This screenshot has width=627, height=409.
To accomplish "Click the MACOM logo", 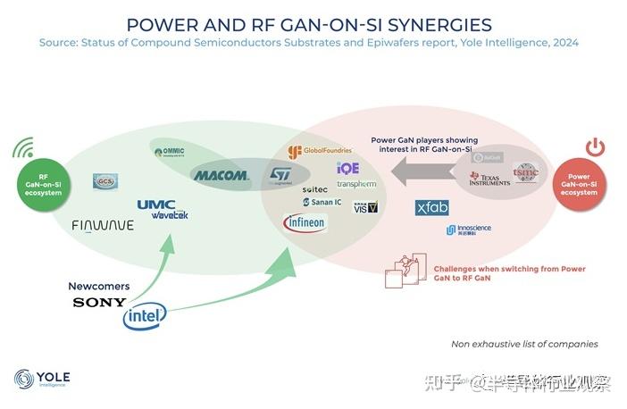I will (221, 176).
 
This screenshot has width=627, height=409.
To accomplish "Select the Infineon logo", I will (305, 222).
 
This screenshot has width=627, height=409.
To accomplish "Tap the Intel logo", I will (146, 314).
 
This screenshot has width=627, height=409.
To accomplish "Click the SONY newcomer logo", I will (99, 303).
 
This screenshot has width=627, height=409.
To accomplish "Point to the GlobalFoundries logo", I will (320, 151).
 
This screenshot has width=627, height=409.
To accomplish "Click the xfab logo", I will (432, 207).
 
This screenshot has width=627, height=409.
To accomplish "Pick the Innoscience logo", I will (469, 230).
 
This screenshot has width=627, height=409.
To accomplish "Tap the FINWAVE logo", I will (103, 226).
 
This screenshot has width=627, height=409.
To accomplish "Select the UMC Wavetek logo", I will (163, 209).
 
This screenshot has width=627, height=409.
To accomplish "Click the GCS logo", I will (105, 181).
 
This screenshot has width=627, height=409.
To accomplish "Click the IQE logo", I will (347, 168).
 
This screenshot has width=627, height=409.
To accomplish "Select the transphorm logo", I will (356, 184).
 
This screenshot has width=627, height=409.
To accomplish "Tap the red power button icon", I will (596, 147).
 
